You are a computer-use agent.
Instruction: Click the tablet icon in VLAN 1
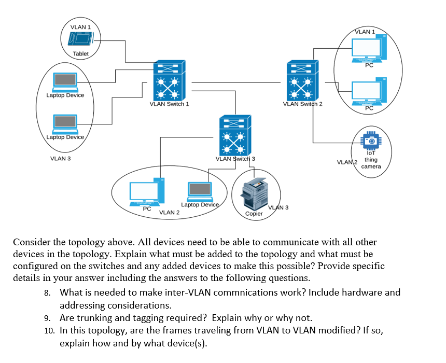(x=80, y=39)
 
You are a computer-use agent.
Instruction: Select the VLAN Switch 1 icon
(x=169, y=80)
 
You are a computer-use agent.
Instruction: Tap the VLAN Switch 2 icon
(x=303, y=80)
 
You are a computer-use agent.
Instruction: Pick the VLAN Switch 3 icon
(x=235, y=135)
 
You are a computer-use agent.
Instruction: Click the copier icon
(x=254, y=193)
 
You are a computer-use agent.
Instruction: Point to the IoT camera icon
(x=371, y=141)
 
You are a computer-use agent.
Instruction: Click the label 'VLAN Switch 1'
(x=169, y=104)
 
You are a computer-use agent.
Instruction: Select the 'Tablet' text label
(x=80, y=53)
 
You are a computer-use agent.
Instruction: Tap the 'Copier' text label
(x=254, y=213)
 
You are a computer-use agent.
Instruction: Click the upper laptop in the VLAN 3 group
(x=65, y=81)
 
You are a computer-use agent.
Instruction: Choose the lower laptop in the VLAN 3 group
(x=65, y=124)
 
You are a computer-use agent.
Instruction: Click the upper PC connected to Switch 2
(x=369, y=48)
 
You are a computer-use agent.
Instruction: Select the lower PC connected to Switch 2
(x=369, y=91)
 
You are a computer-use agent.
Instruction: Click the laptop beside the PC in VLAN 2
(x=200, y=192)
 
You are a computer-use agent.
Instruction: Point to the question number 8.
(x=47, y=292)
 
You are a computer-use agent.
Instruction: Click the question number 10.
(x=49, y=330)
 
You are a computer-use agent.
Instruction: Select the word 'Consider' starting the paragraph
(x=31, y=242)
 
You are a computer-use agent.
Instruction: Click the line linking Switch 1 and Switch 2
(x=236, y=82)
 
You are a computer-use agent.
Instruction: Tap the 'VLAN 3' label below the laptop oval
(x=60, y=159)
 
